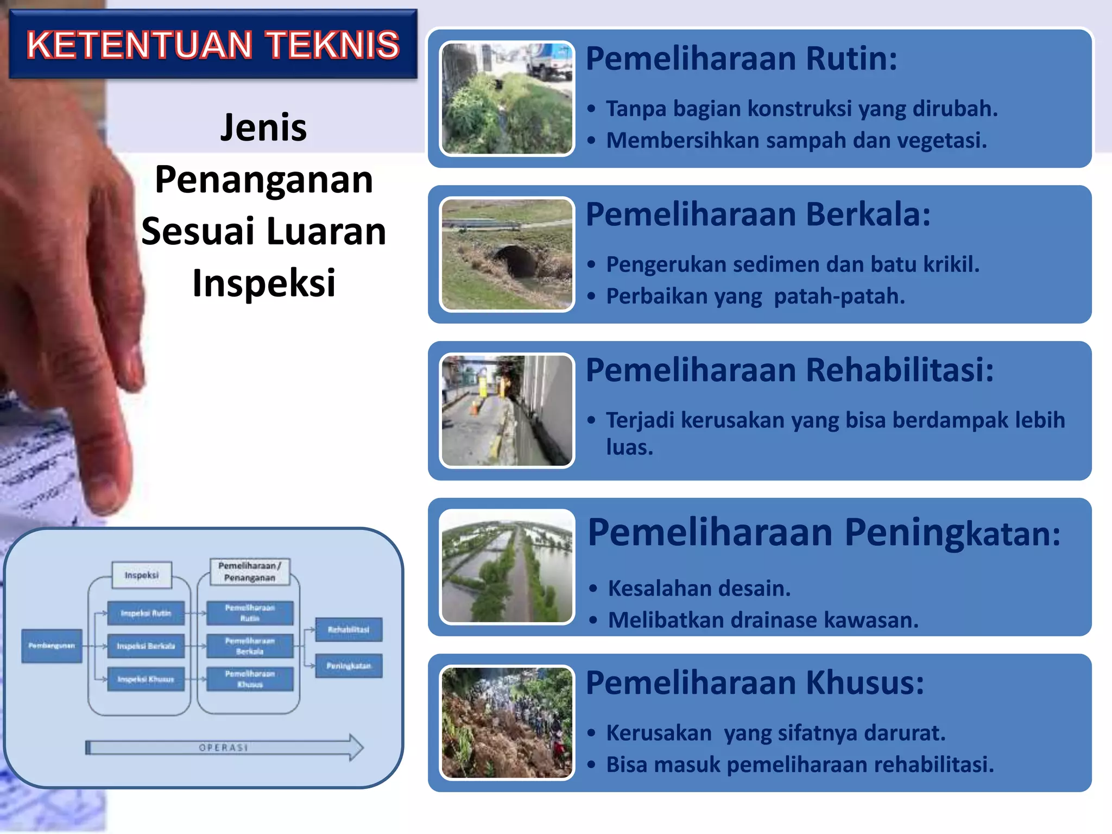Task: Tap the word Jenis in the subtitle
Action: [263, 128]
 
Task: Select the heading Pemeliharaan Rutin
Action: [741, 59]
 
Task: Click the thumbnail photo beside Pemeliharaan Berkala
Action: [507, 254]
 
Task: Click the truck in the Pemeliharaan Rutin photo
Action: [548, 61]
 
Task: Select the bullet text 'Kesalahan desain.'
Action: [699, 589]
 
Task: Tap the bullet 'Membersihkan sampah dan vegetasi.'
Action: [796, 141]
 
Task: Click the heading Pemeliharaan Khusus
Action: [754, 683]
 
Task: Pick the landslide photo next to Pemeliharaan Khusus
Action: [507, 723]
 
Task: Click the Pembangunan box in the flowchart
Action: [52, 646]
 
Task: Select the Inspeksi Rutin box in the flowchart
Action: [146, 613]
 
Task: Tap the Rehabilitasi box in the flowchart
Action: [349, 630]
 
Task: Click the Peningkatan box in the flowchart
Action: [349, 666]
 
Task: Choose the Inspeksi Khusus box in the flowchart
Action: [146, 679]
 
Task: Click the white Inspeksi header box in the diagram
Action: [142, 575]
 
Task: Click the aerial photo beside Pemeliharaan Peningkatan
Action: [507, 566]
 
